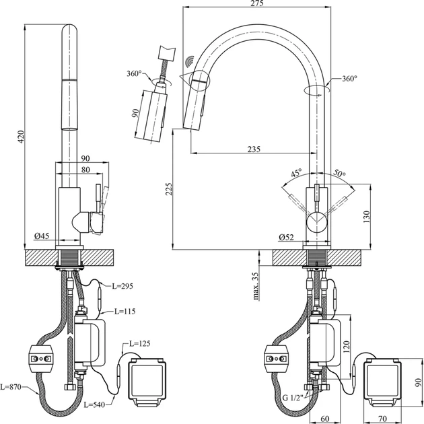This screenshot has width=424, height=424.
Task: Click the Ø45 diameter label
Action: (x=42, y=236)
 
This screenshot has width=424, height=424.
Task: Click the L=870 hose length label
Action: (x=13, y=386)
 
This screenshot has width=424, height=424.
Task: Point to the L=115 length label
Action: (x=126, y=311)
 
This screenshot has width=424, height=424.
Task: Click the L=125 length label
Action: (x=137, y=345)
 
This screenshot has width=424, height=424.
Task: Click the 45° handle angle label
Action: (x=295, y=172)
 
